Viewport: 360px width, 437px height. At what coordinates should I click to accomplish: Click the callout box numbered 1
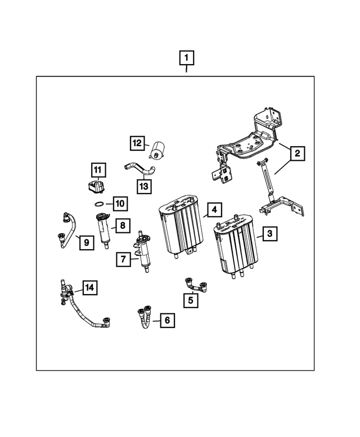pos(187,57)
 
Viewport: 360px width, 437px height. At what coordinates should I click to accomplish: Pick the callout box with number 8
pos(123,226)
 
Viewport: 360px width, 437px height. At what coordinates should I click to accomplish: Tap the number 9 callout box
pos(86,243)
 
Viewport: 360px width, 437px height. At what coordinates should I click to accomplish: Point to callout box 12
pos(137,143)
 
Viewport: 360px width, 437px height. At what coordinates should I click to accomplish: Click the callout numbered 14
pos(89,288)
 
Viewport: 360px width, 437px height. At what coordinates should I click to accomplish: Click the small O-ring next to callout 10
pos(99,203)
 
